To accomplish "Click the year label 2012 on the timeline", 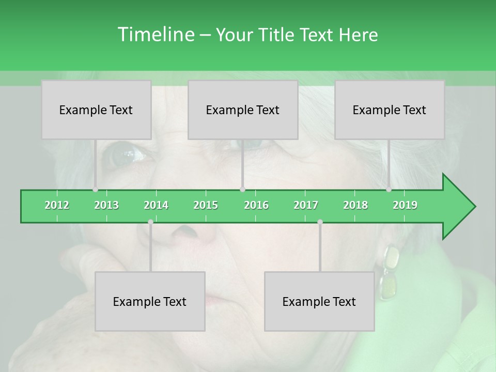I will [x=57, y=205].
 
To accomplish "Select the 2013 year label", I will [x=106, y=205].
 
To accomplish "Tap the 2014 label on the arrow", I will [x=156, y=205].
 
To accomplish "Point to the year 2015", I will [x=206, y=205].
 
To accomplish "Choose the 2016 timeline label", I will [x=256, y=205].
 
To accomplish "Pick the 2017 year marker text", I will [x=306, y=205].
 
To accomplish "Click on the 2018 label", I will [x=355, y=205].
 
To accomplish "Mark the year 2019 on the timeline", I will [x=405, y=205].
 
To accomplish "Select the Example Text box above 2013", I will [x=96, y=110].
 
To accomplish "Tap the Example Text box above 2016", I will [x=243, y=110].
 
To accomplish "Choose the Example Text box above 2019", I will [x=390, y=110].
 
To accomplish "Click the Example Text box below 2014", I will [x=150, y=301].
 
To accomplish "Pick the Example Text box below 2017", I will [x=319, y=301].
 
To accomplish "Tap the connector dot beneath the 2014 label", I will [x=150, y=222].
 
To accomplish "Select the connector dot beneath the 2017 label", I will [x=320, y=222].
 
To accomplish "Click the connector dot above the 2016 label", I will [x=242, y=189].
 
